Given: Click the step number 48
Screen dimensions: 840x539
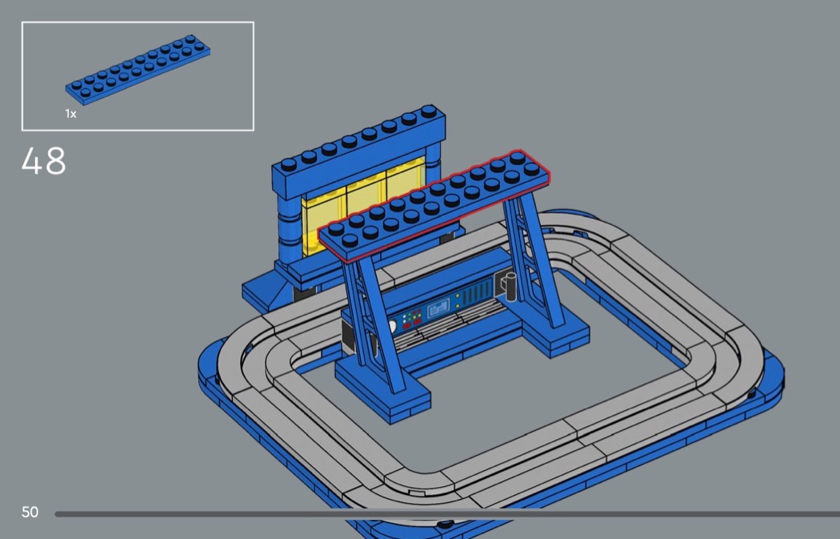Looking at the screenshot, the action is (x=44, y=160).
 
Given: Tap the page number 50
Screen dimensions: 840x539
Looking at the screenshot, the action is (x=30, y=513).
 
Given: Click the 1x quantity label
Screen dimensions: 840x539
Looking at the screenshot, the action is (x=70, y=114).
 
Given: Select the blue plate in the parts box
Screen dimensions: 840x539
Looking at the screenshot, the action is (x=138, y=70).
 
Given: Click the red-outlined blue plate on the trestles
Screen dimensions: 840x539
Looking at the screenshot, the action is (x=434, y=207).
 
